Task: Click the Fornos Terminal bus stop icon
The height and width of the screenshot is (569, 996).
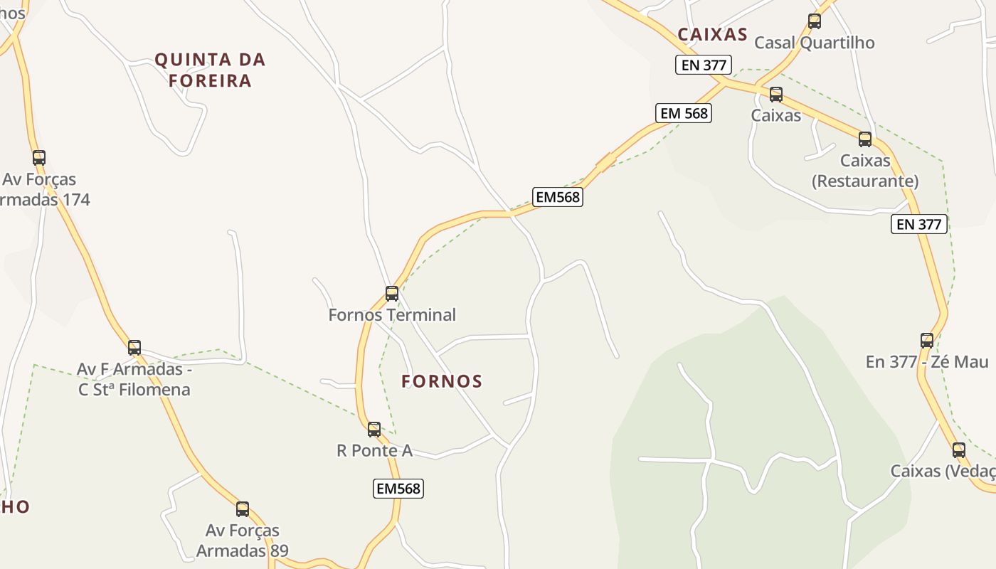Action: pyautogui.click(x=391, y=293)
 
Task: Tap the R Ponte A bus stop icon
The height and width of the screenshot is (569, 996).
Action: pyautogui.click(x=374, y=429)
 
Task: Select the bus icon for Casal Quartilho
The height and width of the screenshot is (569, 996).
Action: pyautogui.click(x=815, y=21)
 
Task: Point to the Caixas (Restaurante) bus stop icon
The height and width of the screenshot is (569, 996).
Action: pyautogui.click(x=865, y=139)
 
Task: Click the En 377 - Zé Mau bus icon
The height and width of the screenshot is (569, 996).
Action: pyautogui.click(x=927, y=341)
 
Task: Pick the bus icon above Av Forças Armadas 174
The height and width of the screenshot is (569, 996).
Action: pyautogui.click(x=39, y=158)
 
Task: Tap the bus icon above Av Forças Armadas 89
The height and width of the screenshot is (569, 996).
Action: pyautogui.click(x=243, y=509)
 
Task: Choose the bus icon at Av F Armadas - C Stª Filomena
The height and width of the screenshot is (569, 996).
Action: pyautogui.click(x=134, y=348)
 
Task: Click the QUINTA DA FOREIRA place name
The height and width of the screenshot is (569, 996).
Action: pyautogui.click(x=210, y=70)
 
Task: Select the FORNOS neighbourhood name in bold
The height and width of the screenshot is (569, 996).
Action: pyautogui.click(x=442, y=381)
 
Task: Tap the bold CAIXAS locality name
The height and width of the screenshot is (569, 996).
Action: pyautogui.click(x=712, y=34)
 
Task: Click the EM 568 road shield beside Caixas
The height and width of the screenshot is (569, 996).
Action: pyautogui.click(x=684, y=113)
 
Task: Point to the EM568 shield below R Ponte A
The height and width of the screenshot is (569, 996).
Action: pyautogui.click(x=398, y=489)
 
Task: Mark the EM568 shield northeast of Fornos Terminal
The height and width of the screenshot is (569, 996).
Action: pyautogui.click(x=558, y=197)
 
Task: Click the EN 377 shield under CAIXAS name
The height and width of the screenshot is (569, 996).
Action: pyautogui.click(x=704, y=65)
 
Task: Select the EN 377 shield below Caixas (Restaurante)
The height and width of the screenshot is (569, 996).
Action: pyautogui.click(x=919, y=224)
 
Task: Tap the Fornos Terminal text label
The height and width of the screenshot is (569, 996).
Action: pyautogui.click(x=392, y=314)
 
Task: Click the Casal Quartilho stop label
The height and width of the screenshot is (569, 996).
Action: pyautogui.click(x=815, y=43)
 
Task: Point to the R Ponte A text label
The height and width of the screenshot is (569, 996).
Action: pyautogui.click(x=374, y=450)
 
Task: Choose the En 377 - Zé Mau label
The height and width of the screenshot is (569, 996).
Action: pyautogui.click(x=927, y=361)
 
